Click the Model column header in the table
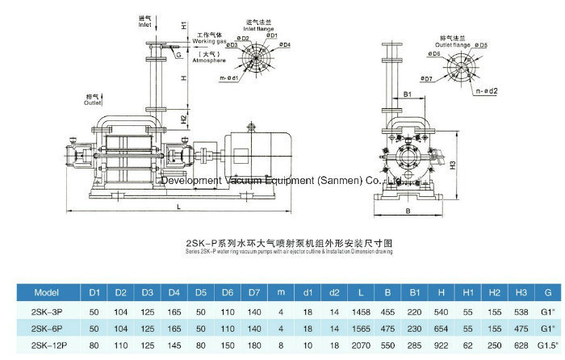pyautogui.click(x=44, y=291)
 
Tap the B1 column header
pyautogui.click(x=416, y=291)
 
